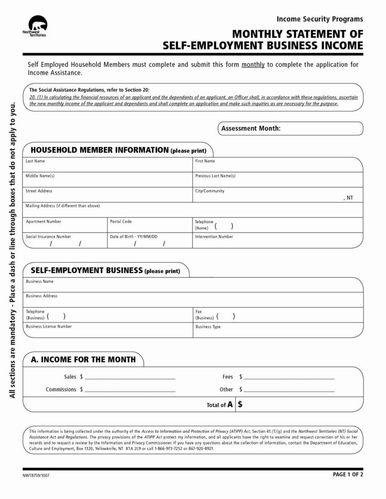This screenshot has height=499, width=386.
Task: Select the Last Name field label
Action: click(36, 161)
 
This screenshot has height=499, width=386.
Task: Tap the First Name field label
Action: click(205, 161)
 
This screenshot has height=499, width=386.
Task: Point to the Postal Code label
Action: click(120, 221)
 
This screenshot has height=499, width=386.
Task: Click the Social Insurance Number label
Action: click(48, 237)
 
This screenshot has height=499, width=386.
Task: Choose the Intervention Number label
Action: click(214, 237)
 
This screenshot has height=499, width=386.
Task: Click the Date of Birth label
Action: click(133, 237)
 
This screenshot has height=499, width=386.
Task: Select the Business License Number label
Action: click(49, 326)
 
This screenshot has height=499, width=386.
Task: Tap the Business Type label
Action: click(208, 327)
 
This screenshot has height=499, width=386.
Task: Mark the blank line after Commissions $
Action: click(130, 390)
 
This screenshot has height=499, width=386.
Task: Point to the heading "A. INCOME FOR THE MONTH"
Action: click(83, 359)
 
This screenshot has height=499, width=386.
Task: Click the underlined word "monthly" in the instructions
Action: click(253, 65)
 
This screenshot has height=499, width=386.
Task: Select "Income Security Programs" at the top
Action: click(320, 19)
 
